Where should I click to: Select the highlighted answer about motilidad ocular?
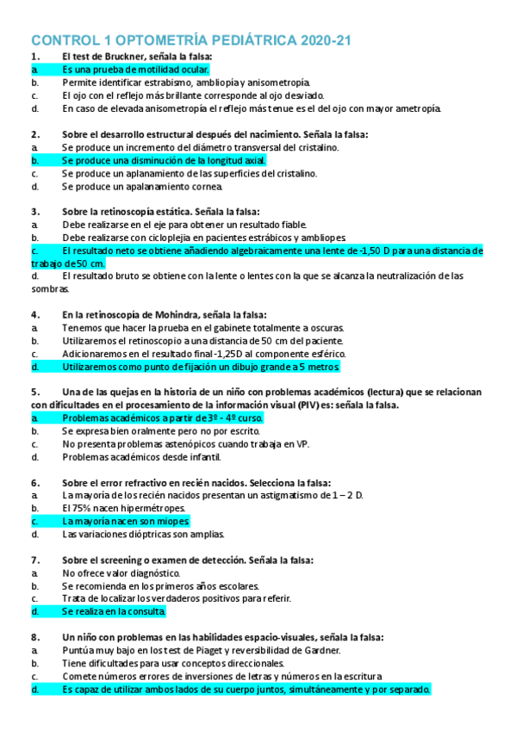click(x=135, y=69)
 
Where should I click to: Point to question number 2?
click(x=35, y=134)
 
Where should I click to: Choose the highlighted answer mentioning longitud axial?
click(x=164, y=160)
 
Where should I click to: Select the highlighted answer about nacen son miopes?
click(x=126, y=522)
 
